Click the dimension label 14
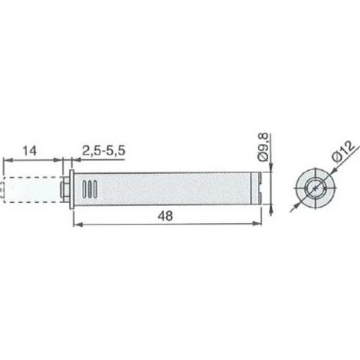[30, 151]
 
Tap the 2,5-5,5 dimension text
[103, 151]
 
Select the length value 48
[165, 216]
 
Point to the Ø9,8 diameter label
[263, 147]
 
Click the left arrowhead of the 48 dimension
[78, 224]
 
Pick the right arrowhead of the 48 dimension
[257, 224]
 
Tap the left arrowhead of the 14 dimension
[8, 160]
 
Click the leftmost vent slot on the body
[85, 189]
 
